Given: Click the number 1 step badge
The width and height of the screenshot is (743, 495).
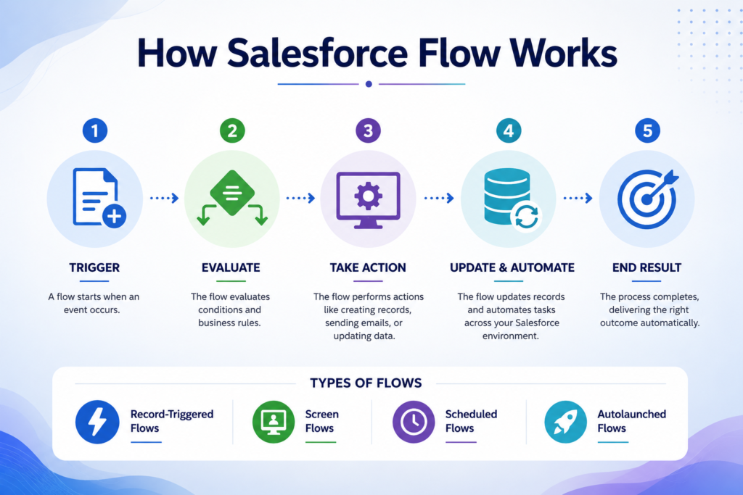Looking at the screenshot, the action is click(x=95, y=130).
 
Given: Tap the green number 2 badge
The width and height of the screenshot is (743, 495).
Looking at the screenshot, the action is click(x=232, y=130).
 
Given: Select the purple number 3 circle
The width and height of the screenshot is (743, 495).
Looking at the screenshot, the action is click(x=368, y=130).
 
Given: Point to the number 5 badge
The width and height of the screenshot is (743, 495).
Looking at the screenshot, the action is click(x=647, y=130).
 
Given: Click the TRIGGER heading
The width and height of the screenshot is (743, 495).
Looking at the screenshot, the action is click(x=94, y=267).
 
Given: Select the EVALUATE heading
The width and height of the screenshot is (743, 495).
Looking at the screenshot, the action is click(x=231, y=267).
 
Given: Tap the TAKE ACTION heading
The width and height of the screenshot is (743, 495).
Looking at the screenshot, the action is click(x=368, y=267).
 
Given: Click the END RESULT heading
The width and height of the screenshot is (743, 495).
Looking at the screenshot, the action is click(x=646, y=267).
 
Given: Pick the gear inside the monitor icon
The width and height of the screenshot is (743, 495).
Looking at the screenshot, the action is click(x=368, y=196).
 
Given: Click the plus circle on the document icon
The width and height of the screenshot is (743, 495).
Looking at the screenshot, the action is click(x=114, y=216).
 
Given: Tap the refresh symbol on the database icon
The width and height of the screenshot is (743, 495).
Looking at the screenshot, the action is click(x=527, y=217).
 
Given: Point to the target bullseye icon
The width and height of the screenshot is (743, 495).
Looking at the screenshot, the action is click(x=648, y=199).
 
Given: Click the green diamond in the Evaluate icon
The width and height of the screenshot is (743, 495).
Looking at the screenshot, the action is click(x=232, y=193).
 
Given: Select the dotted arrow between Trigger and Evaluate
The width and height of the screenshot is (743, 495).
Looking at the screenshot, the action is click(x=165, y=198).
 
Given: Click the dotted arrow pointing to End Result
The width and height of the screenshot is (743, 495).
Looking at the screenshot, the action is click(x=578, y=198).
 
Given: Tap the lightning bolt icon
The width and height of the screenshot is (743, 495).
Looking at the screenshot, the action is click(x=97, y=422).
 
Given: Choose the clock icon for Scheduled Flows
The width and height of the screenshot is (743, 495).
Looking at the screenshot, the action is click(x=414, y=422).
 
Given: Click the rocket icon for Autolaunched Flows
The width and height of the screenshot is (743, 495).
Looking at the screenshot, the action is click(x=566, y=422).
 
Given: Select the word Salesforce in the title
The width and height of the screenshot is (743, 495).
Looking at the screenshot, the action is click(x=318, y=53).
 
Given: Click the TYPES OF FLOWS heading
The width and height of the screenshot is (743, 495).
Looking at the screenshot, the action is click(x=366, y=383).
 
